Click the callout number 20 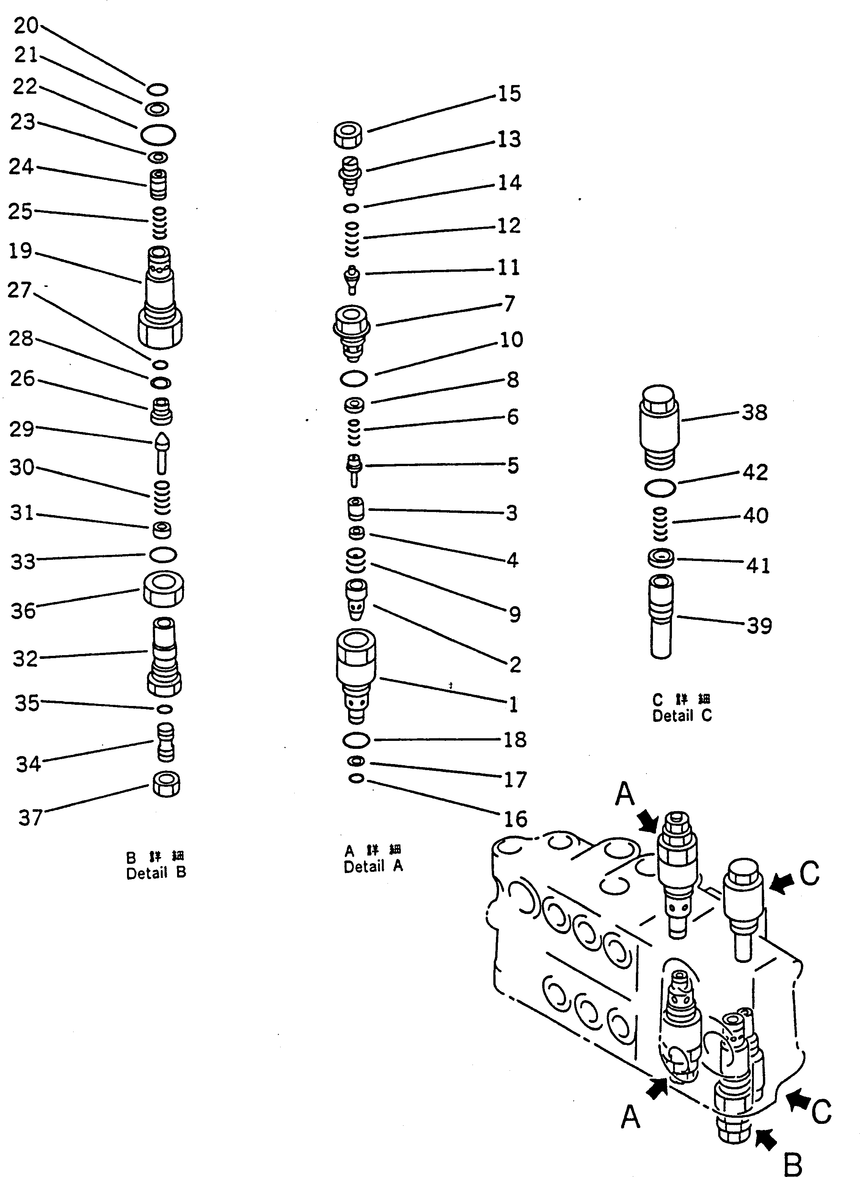(25, 25)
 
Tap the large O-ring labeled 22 (158, 135)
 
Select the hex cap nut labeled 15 (348, 135)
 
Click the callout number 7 (509, 303)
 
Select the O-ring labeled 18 (356, 740)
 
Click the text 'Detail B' (155, 873)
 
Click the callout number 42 (755, 472)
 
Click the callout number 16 (515, 819)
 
